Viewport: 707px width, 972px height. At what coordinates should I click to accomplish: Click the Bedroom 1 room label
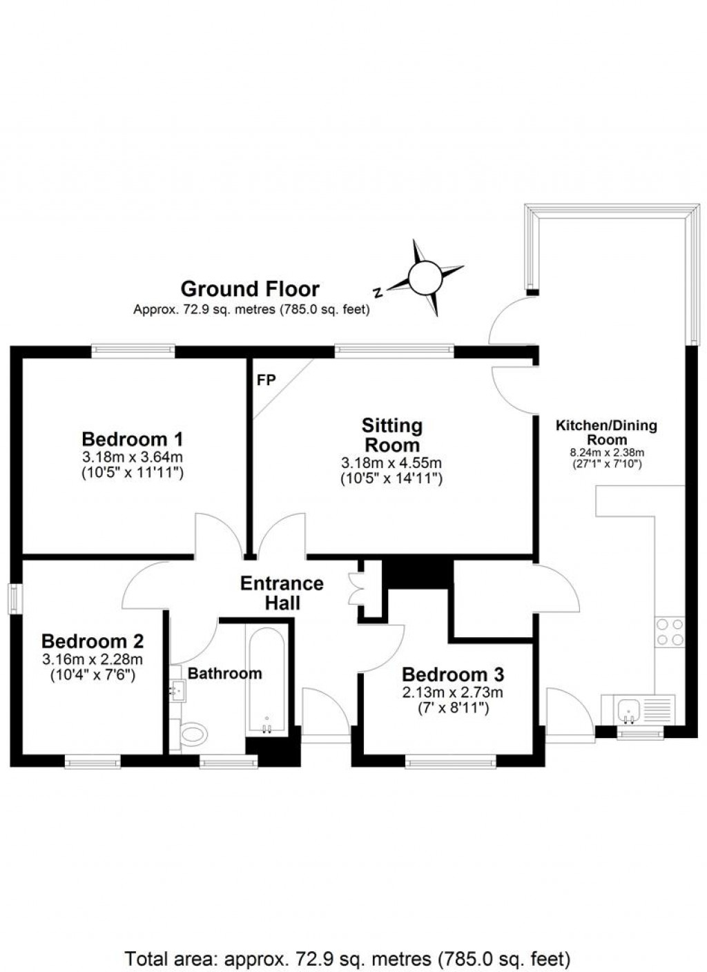(133, 439)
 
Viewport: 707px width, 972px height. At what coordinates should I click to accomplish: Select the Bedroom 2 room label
(93, 641)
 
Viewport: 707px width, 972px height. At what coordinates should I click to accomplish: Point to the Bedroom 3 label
(453, 674)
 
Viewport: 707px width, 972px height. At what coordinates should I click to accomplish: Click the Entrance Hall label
(282, 593)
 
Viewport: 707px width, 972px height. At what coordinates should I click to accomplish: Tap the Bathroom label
(225, 673)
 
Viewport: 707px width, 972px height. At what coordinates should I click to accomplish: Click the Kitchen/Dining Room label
(606, 432)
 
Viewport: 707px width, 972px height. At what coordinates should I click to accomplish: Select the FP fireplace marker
(267, 380)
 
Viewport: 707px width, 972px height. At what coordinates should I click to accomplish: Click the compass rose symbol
(425, 278)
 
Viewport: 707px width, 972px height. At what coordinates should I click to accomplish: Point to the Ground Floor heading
(250, 289)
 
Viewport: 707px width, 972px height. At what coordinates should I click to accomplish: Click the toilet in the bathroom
(191, 733)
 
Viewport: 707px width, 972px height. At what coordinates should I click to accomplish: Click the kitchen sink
(630, 708)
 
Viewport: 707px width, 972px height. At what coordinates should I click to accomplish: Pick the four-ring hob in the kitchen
(670, 632)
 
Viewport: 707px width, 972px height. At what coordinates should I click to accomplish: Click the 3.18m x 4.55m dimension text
(391, 463)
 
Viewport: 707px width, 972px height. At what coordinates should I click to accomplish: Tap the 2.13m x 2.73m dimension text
(453, 692)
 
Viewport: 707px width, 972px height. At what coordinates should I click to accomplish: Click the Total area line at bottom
(348, 958)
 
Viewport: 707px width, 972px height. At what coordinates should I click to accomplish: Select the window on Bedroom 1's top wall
(133, 351)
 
